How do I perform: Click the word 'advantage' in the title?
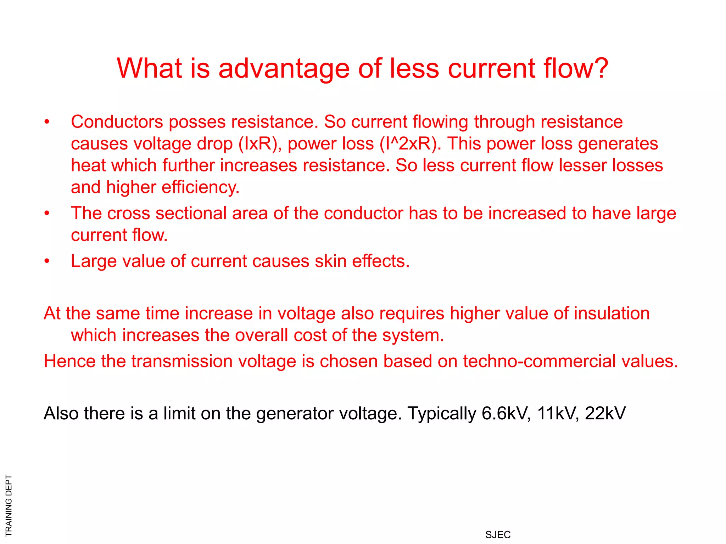(284, 69)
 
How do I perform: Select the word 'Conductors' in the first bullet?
(117, 122)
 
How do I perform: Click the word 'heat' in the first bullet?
(88, 165)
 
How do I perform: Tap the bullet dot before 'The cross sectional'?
(47, 214)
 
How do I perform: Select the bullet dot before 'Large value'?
(47, 261)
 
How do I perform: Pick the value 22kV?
(605, 413)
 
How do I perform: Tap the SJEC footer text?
(498, 535)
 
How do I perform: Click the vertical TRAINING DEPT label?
(9, 505)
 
